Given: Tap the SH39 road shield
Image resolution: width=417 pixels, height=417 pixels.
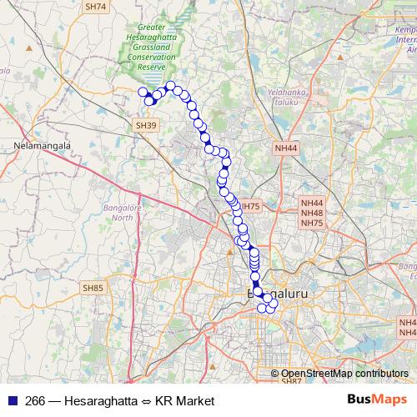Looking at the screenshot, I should tap(145, 124).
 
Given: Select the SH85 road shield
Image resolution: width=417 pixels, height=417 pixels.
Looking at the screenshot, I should tap(93, 288).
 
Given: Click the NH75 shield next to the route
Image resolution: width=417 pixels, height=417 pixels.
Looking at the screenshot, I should tap(250, 206).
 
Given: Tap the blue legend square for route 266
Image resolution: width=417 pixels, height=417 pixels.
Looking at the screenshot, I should tap(13, 401).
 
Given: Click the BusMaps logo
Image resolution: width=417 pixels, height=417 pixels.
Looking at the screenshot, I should tap(378, 400).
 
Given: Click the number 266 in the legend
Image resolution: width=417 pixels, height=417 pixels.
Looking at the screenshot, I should tap(36, 401).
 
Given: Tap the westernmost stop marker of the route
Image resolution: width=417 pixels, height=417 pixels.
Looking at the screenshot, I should tap(143, 93).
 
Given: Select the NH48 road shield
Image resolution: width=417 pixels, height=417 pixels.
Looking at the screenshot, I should tap(313, 213).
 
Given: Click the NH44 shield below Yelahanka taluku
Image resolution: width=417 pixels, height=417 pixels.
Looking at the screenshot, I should tap(285, 148).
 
